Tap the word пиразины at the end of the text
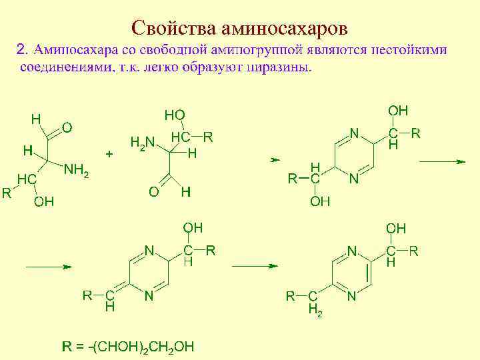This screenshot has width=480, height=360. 278,68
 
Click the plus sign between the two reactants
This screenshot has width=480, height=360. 110,153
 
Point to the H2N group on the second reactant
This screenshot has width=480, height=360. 141,142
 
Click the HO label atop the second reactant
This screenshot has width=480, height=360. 175,115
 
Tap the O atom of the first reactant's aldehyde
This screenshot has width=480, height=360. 67,127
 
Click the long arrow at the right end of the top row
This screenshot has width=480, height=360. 441,161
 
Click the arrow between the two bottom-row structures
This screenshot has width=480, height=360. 253,265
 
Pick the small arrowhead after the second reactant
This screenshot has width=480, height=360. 273,161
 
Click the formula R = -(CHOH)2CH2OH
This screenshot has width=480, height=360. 129,346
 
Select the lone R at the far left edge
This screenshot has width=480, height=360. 6,193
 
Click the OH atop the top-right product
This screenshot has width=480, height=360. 398,111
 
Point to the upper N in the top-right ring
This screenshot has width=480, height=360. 355,133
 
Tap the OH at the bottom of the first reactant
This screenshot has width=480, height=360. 44,201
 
